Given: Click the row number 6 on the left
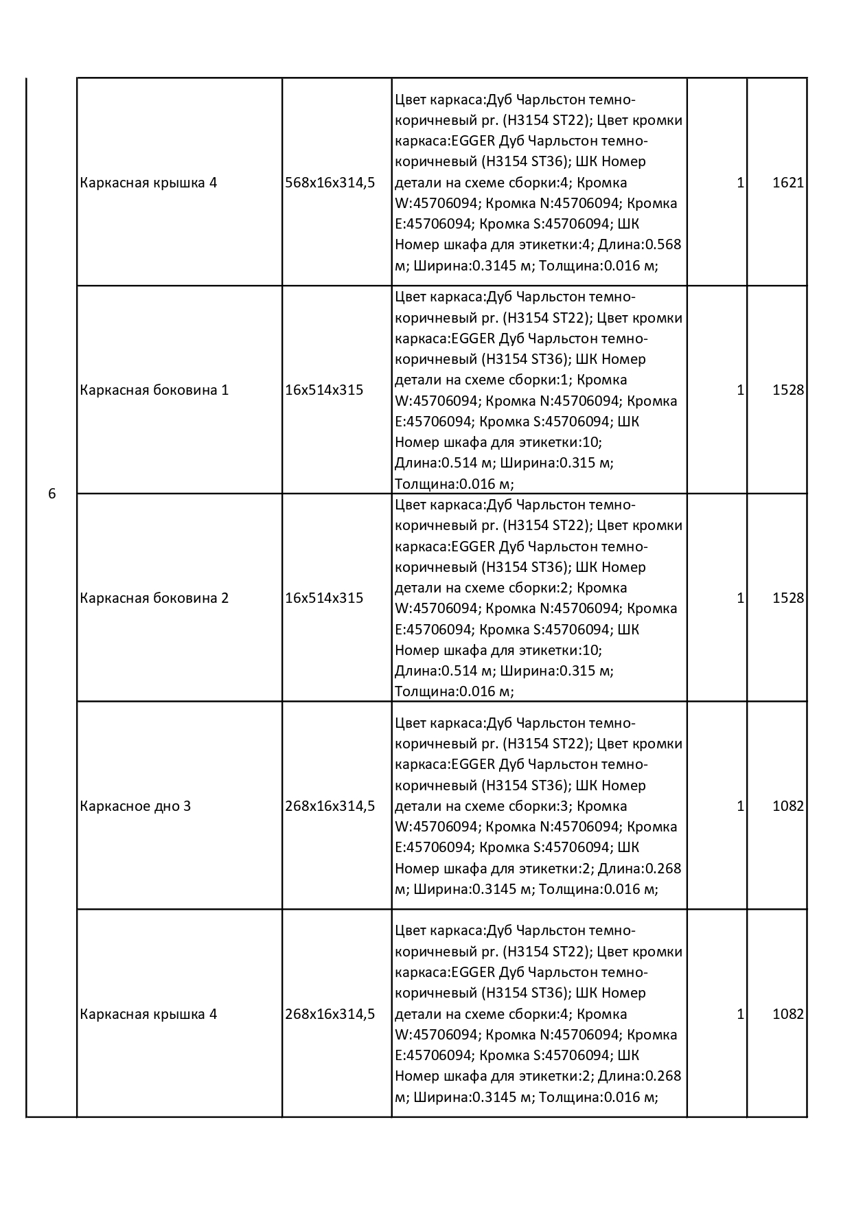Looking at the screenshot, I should [51, 494].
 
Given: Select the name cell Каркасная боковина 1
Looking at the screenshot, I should [154, 390].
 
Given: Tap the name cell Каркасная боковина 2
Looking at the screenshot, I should [154, 598].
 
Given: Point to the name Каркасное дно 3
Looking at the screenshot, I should [135, 806].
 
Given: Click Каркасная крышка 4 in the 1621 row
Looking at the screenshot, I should [148, 183].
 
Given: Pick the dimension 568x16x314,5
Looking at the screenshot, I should [330, 183].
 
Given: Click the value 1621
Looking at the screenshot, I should [787, 183].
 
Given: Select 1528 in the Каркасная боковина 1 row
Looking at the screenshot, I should [787, 390].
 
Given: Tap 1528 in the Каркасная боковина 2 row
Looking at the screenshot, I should [787, 598].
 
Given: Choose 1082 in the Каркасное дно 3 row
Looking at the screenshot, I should [787, 806].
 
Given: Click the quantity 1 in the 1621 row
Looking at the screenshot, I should [740, 183].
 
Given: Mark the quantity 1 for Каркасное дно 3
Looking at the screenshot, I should [740, 806].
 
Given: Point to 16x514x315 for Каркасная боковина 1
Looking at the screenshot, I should [324, 390].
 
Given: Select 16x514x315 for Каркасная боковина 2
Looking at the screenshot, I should [324, 598].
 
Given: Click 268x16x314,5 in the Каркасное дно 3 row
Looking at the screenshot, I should [330, 806].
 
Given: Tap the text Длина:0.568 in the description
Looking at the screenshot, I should [639, 244].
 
